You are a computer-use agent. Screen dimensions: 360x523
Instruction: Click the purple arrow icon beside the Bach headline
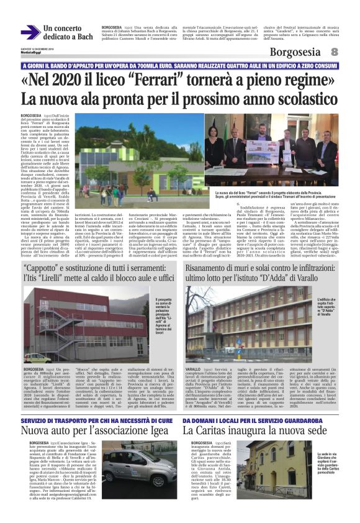30,33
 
